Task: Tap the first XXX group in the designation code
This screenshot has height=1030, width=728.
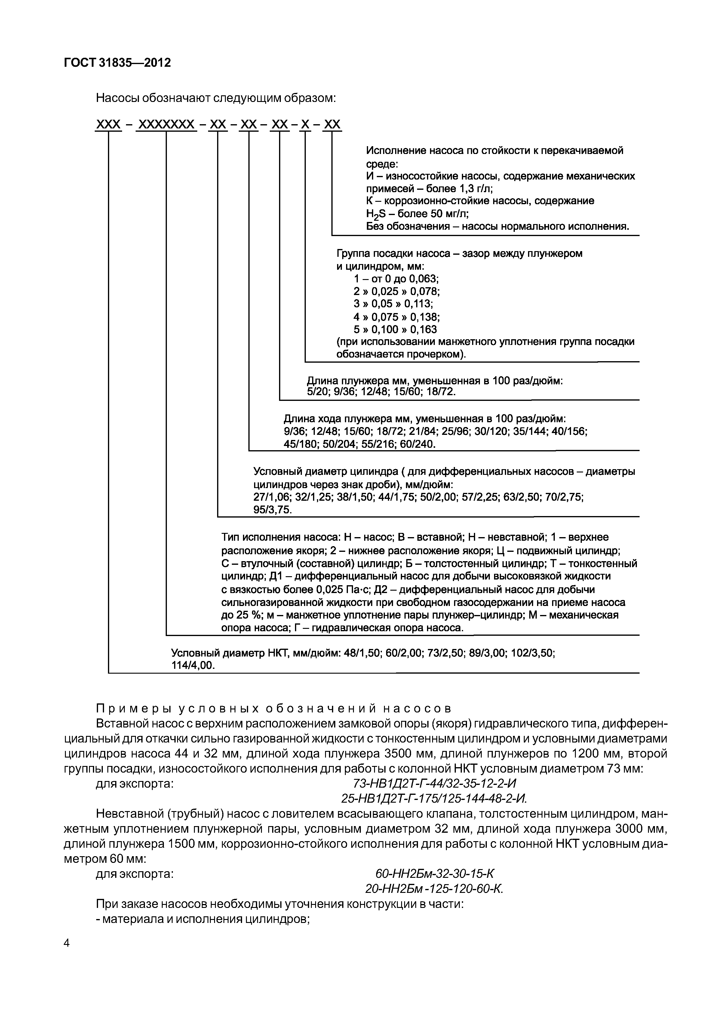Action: (x=109, y=125)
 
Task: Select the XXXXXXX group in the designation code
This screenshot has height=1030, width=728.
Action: (x=166, y=125)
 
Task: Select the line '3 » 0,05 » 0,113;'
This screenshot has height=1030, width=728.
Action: (x=393, y=304)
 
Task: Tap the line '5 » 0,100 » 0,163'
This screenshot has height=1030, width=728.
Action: (x=395, y=329)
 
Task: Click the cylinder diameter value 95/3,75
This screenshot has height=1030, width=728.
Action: (x=272, y=510)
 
